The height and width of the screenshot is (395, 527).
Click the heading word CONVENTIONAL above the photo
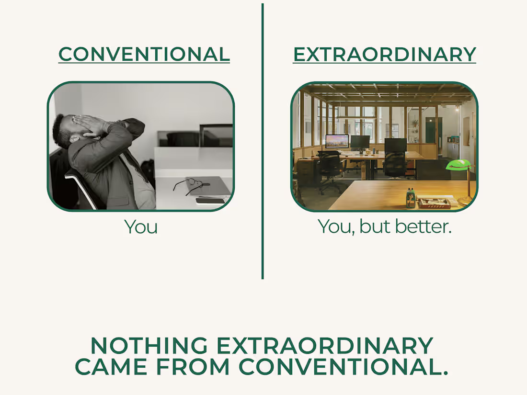point(144,54)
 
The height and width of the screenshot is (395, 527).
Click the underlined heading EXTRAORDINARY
point(385,55)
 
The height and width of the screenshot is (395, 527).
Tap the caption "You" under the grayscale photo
point(141,227)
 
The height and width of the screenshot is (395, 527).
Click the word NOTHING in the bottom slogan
point(149,346)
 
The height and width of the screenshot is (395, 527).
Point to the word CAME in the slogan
point(111,366)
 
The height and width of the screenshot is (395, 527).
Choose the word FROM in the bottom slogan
point(193,366)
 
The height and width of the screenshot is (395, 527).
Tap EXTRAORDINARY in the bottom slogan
point(325,346)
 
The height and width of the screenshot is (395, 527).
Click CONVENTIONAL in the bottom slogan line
point(344,366)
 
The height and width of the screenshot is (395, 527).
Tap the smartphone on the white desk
point(210,201)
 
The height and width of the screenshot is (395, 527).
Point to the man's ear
point(75,138)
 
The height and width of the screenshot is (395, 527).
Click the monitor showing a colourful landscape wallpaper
point(337,141)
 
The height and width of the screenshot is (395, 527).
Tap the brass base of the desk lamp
point(466,201)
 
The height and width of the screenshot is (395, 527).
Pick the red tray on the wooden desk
point(434,203)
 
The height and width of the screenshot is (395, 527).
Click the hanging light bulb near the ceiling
point(457,109)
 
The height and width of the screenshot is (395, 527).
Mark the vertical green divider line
point(263,141)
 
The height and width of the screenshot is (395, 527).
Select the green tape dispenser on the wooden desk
point(411,198)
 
